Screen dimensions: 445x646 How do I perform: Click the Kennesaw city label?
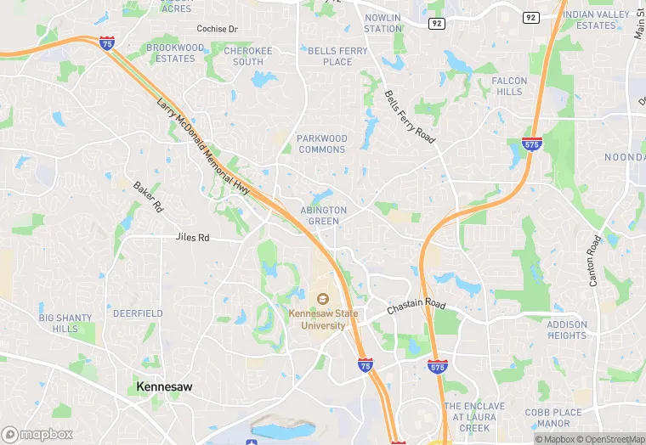coord(164,386)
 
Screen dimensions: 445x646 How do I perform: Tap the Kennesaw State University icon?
coord(323,299)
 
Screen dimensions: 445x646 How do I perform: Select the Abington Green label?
coord(323,216)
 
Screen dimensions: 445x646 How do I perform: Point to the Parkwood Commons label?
coord(321,144)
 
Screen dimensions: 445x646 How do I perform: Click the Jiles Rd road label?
coord(192,239)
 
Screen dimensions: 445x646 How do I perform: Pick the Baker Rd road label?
coord(147,196)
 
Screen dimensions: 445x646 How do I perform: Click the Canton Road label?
coord(594,261)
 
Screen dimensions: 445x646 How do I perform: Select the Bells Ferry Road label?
coord(410,116)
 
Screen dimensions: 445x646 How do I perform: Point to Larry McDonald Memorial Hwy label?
coord(203,147)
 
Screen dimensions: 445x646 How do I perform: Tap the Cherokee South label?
coord(248,56)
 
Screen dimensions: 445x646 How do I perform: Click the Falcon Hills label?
coord(509,87)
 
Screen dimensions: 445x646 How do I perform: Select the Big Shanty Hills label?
coord(65,324)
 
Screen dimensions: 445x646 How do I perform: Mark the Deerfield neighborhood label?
coord(138,313)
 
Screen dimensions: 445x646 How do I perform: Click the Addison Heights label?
coord(567,330)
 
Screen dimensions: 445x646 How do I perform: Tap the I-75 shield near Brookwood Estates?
coord(107,42)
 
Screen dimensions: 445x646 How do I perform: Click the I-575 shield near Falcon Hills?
coord(532,144)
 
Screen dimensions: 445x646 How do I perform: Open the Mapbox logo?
coord(37,434)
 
